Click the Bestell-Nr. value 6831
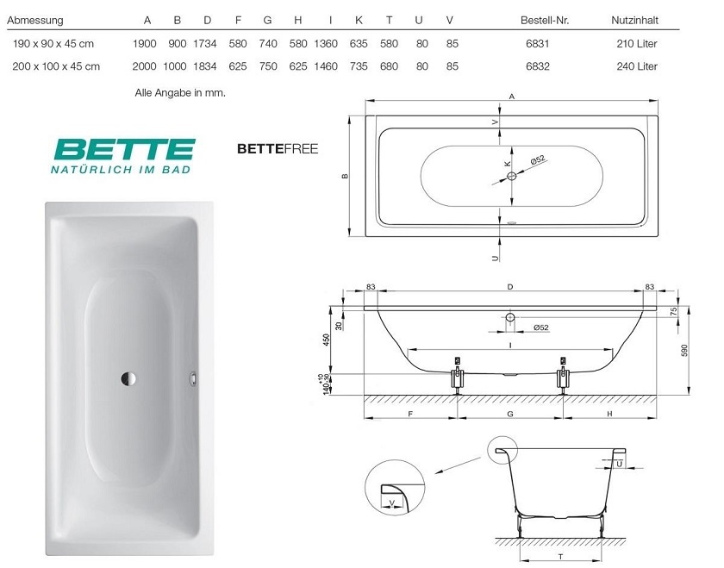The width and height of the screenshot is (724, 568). pyautogui.click(x=538, y=44)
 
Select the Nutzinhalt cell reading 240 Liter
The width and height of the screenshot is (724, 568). pyautogui.click(x=637, y=66)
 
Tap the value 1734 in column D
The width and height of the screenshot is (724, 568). pyautogui.click(x=205, y=44)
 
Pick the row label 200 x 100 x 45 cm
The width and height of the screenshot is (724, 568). pyautogui.click(x=56, y=66)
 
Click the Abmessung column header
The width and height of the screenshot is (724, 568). pyautogui.click(x=35, y=21)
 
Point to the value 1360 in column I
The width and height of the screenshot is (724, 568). pyautogui.click(x=326, y=44)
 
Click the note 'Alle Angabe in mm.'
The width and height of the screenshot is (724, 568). pyautogui.click(x=180, y=93)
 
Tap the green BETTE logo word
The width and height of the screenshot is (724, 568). pyautogui.click(x=125, y=150)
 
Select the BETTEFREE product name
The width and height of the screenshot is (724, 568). pyautogui.click(x=278, y=149)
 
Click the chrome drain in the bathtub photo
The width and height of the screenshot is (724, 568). pyautogui.click(x=128, y=378)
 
